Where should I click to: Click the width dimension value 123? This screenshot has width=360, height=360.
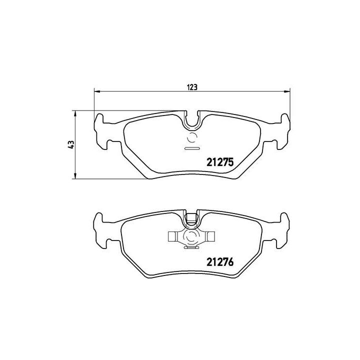[191, 86]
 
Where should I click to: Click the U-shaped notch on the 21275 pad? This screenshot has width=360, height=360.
[191, 120]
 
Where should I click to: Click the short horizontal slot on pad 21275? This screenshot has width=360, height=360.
[191, 148]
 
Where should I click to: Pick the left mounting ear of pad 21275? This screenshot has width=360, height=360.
[102, 131]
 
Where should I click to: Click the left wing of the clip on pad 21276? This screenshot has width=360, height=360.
[173, 236]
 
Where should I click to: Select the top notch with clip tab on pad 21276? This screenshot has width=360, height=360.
[191, 218]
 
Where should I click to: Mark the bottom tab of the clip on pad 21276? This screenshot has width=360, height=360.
[191, 247]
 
